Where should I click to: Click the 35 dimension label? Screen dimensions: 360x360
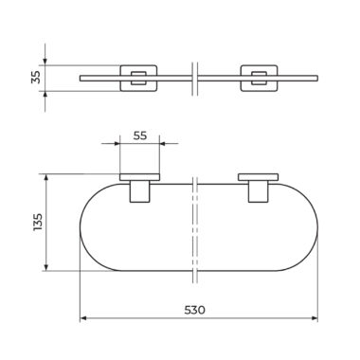coord(37,77)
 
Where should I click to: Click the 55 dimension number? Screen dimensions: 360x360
coord(140,135)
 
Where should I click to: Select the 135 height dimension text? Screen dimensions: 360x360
coord(37,222)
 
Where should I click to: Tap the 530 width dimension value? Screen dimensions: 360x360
coord(194,310)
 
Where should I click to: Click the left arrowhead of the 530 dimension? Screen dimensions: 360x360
coord(83,318)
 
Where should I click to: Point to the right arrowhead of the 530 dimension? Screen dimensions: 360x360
coord(315,318)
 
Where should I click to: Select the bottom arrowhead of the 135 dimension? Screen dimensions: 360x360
coord(46,267)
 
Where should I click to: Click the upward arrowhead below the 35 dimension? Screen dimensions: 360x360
coord(45,95)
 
